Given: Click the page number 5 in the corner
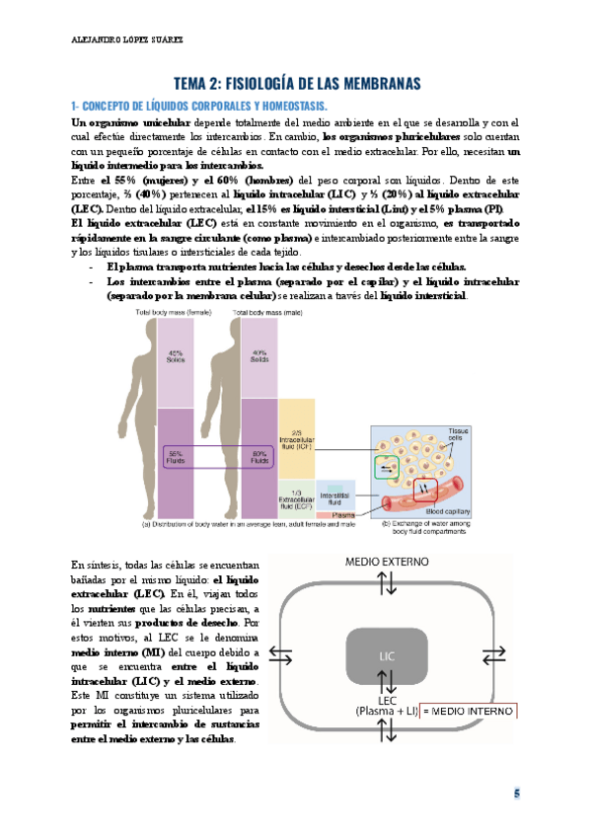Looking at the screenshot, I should (x=514, y=794).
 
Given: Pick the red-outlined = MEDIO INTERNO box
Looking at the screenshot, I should (x=469, y=712).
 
